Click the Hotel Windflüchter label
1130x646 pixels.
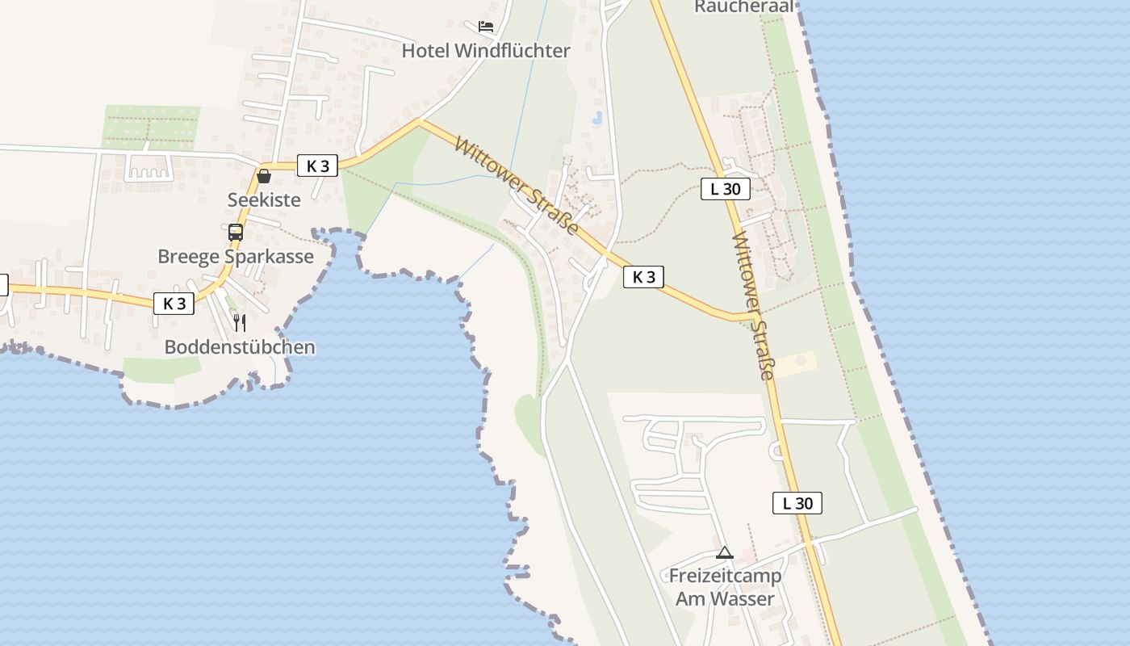[486, 51]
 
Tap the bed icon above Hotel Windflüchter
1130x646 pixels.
[486, 27]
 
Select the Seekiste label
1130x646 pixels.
[264, 199]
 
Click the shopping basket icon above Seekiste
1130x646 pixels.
[264, 176]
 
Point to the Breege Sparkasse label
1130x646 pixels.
[236, 257]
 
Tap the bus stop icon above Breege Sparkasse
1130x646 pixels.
[236, 233]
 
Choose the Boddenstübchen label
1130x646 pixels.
[240, 347]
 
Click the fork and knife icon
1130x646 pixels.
[240, 323]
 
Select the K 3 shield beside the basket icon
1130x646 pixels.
[318, 166]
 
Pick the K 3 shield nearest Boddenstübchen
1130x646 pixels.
[174, 304]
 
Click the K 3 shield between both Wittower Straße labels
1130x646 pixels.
[643, 277]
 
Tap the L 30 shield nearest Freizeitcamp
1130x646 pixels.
[797, 503]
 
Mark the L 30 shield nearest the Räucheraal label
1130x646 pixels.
[726, 190]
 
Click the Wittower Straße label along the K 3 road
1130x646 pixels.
[517, 186]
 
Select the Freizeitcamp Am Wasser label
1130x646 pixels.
[725, 587]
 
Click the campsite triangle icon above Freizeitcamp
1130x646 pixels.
[725, 553]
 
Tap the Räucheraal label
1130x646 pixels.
[744, 6]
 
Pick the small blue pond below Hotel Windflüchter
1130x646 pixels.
[597, 118]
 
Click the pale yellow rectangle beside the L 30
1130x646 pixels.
[796, 364]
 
